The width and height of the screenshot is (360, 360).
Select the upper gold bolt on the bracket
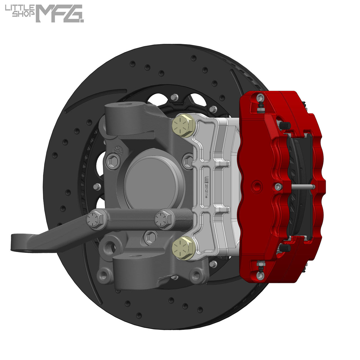183,125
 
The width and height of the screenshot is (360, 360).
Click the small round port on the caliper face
256,186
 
